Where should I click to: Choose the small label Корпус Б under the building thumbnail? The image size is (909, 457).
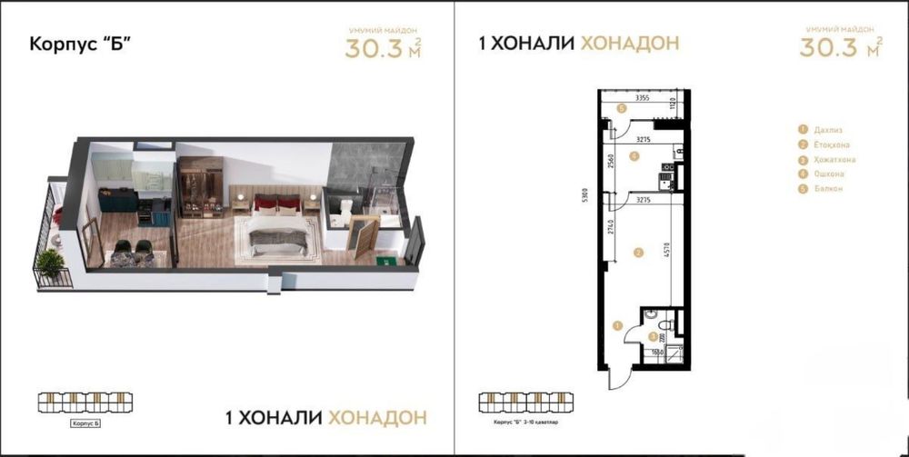[83, 423]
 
